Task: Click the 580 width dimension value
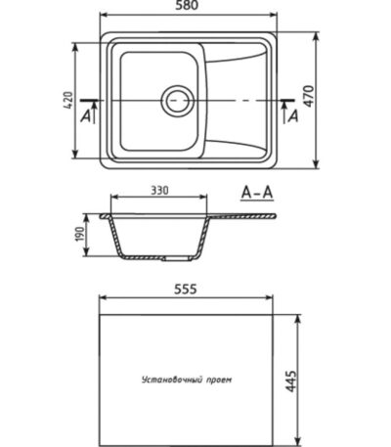[187, 5]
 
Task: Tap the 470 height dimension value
[309, 96]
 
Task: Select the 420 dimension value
[68, 100]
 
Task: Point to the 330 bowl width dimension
[159, 190]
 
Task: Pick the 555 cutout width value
[186, 289]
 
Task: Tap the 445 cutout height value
[291, 380]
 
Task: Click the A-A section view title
[257, 193]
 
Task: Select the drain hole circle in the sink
[178, 101]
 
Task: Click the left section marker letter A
[86, 115]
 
